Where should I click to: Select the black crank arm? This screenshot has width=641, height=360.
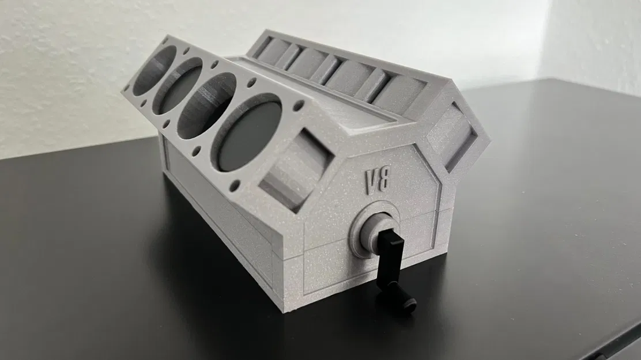pyautogui.click(x=385, y=253)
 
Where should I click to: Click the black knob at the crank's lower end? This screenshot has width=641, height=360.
pyautogui.click(x=408, y=305)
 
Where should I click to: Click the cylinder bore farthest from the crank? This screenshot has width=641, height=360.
pyautogui.click(x=154, y=70)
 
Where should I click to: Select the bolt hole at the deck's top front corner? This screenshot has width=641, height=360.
pyautogui.click(x=299, y=106)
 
